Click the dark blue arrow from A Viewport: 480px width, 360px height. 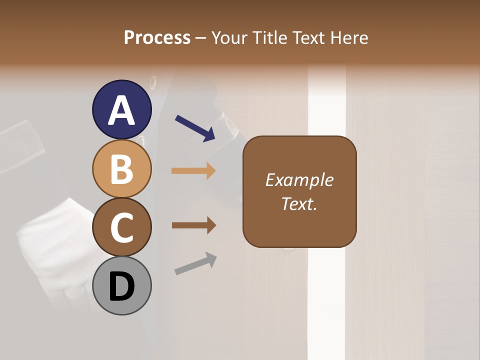[x=195, y=128]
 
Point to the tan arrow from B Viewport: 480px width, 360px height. [x=193, y=170]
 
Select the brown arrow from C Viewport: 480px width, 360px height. [x=193, y=225]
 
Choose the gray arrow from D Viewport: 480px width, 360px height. [x=195, y=263]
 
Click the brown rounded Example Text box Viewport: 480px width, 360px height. [x=299, y=191]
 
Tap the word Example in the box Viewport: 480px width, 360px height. [x=299, y=180]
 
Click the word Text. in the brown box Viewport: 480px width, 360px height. [x=299, y=203]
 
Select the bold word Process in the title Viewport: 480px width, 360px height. [x=157, y=37]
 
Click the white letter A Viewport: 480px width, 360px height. [x=121, y=110]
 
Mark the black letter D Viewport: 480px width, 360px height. [x=121, y=287]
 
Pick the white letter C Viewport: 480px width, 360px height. [x=121, y=228]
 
